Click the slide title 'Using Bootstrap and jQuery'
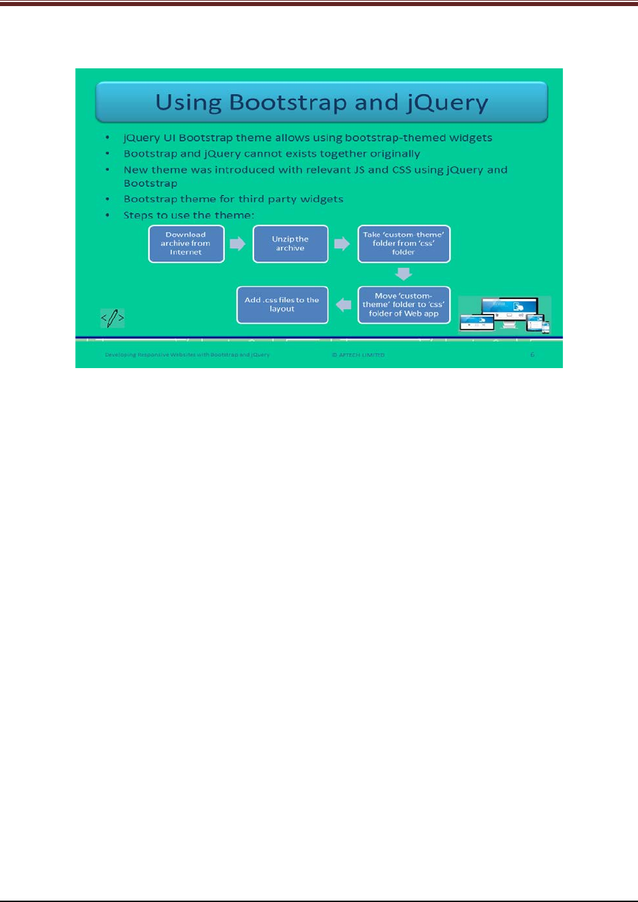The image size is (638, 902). (x=322, y=102)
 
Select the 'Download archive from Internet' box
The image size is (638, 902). (x=186, y=244)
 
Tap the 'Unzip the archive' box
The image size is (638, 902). (x=290, y=244)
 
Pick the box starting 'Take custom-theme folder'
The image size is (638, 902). (x=404, y=244)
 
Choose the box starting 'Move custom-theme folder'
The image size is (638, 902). (x=404, y=305)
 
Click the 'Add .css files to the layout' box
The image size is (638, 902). (x=282, y=305)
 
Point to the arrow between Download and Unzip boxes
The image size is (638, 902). (x=238, y=244)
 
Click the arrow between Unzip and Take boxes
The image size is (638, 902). (x=343, y=244)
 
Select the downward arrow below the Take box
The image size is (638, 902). (x=404, y=274)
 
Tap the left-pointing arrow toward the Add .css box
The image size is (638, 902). (x=344, y=305)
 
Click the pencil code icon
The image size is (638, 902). (x=112, y=317)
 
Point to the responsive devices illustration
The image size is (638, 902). (x=505, y=315)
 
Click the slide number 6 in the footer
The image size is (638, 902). (x=532, y=355)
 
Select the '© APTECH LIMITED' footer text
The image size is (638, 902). (x=358, y=355)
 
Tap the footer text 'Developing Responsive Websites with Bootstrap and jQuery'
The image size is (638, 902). (x=187, y=355)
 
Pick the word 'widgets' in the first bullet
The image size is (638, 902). (x=469, y=138)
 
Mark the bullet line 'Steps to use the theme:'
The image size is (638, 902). (x=188, y=215)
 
